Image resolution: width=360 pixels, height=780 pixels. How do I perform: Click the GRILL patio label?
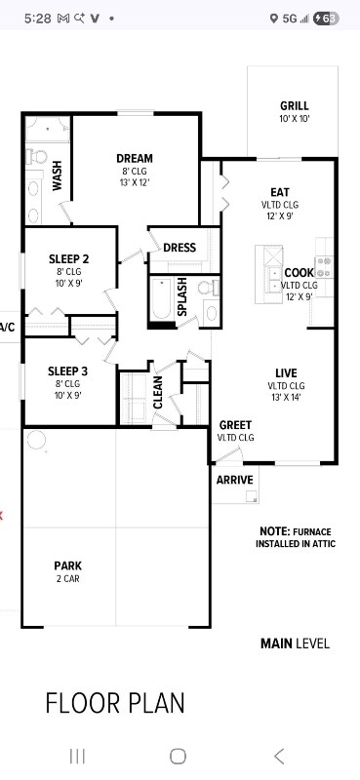pyautogui.click(x=294, y=105)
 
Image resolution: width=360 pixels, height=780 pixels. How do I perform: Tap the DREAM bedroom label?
pyautogui.click(x=134, y=159)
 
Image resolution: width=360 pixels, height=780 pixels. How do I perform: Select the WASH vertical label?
pyautogui.click(x=58, y=175)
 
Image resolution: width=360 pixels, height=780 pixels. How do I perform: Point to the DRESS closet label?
pyautogui.click(x=180, y=248)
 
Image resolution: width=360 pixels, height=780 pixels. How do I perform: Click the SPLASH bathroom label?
pyautogui.click(x=182, y=296)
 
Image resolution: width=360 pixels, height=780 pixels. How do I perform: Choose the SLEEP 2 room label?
pyautogui.click(x=68, y=259)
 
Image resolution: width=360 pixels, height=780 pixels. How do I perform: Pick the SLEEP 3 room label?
pyautogui.click(x=68, y=370)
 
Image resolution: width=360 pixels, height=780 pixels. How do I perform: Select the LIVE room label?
pyautogui.click(x=286, y=373)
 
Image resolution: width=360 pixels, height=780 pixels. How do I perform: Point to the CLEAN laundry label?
pyautogui.click(x=158, y=392)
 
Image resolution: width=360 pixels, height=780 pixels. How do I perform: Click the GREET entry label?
pyautogui.click(x=235, y=425)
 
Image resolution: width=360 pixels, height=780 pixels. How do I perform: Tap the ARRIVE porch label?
pyautogui.click(x=234, y=480)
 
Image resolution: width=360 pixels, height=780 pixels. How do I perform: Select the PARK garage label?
pyautogui.click(x=67, y=565)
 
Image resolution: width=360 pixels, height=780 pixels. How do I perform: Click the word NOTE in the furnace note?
pyautogui.click(x=274, y=531)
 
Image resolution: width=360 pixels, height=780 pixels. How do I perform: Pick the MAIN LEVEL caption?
pyautogui.click(x=295, y=643)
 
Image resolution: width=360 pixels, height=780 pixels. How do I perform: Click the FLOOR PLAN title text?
pyautogui.click(x=115, y=703)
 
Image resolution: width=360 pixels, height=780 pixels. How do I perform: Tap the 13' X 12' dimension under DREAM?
pyautogui.click(x=134, y=182)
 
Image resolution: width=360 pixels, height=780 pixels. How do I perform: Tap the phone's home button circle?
pyautogui.click(x=178, y=756)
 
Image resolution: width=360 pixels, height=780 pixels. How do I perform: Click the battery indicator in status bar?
pyautogui.click(x=327, y=18)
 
